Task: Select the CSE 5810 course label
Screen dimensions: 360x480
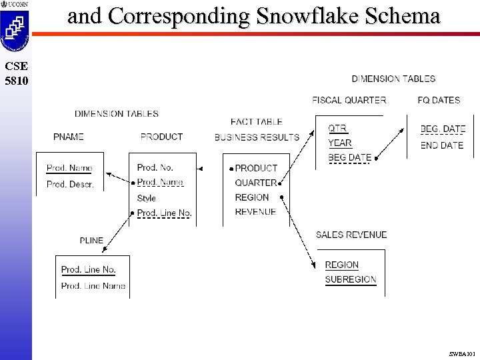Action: (x=15, y=73)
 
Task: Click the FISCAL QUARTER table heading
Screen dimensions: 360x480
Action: (x=349, y=100)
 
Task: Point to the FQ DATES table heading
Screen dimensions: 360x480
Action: (x=439, y=100)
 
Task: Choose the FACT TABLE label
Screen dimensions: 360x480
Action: (x=256, y=122)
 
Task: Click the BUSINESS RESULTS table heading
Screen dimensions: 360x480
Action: (x=257, y=137)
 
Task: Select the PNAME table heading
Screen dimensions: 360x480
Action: (x=69, y=137)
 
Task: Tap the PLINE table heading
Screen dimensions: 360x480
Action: (x=91, y=241)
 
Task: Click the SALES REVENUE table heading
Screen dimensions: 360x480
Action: (x=351, y=235)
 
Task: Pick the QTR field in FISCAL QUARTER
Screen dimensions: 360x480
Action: (x=337, y=128)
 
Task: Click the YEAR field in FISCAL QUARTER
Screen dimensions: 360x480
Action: (x=339, y=143)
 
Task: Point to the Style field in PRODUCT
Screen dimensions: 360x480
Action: (x=146, y=198)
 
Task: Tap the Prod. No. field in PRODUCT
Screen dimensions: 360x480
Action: (x=155, y=168)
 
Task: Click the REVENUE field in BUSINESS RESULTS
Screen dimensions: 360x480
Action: (x=255, y=212)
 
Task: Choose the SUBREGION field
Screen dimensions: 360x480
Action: (x=350, y=280)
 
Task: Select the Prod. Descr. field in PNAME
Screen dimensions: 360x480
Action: (x=70, y=184)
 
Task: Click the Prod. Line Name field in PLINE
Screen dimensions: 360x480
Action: (x=93, y=286)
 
